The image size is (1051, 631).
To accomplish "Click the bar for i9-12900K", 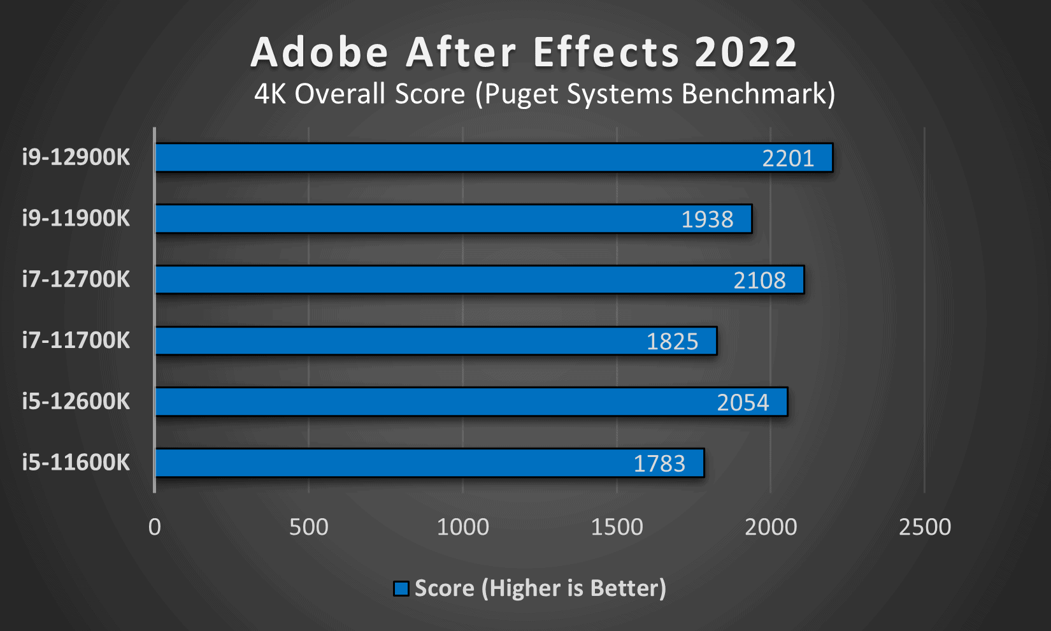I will pyautogui.click(x=446, y=157).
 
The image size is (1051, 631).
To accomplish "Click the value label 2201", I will pyautogui.click(x=788, y=158).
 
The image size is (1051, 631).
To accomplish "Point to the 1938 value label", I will pyautogui.click(x=707, y=219).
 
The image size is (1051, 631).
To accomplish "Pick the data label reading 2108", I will pyautogui.click(x=759, y=280).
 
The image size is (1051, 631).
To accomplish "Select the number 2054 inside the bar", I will pyautogui.click(x=743, y=403).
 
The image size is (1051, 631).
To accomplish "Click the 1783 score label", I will pyautogui.click(x=659, y=464).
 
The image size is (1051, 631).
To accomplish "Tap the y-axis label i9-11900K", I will pyautogui.click(x=76, y=218).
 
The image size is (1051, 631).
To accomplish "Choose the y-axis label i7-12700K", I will pyautogui.click(x=76, y=279).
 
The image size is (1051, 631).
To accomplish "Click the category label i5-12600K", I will pyautogui.click(x=76, y=402).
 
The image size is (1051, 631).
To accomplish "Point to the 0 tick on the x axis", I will pyautogui.click(x=155, y=527).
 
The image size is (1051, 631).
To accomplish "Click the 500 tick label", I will pyautogui.click(x=309, y=527).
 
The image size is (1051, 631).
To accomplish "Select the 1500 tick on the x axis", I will pyautogui.click(x=617, y=527).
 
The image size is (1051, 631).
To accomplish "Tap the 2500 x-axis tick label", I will pyautogui.click(x=925, y=527).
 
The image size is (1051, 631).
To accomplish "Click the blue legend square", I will pyautogui.click(x=401, y=588).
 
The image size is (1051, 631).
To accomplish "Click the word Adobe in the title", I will pyautogui.click(x=319, y=52).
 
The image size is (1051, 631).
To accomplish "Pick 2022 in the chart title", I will pyautogui.click(x=746, y=52).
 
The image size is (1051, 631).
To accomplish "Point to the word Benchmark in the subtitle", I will pyautogui.click(x=757, y=94).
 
